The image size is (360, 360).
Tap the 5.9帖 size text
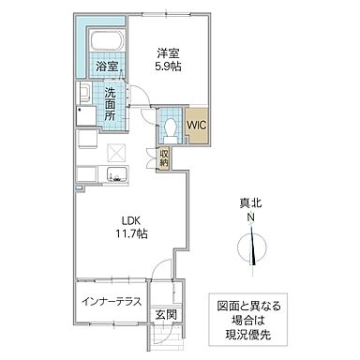click(x=169, y=67)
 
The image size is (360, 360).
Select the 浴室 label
click(x=106, y=67)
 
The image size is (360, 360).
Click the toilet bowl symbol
click(x=171, y=128)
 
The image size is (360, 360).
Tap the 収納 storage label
click(x=165, y=158)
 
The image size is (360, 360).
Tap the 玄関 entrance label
click(x=166, y=312)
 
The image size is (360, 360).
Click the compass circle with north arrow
click(x=250, y=247)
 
